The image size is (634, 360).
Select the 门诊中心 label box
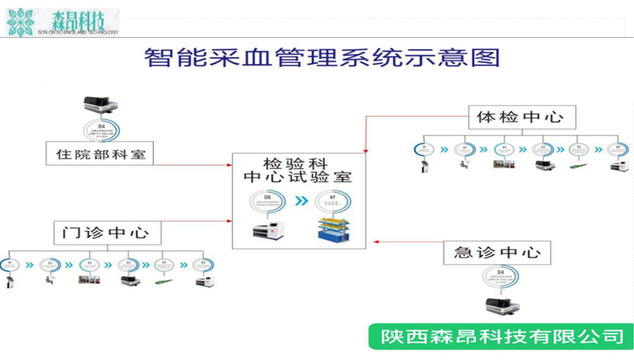click(107, 233)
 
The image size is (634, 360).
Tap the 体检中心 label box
click(521, 118)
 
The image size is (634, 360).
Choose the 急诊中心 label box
click(497, 253)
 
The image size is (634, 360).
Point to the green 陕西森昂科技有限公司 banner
click(501, 336)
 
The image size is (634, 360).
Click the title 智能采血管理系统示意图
click(323, 58)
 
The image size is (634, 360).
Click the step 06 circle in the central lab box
click(267, 201)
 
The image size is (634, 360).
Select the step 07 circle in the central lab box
click(332, 201)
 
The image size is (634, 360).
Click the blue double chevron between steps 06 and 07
click(301, 201)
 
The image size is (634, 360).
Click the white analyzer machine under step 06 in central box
click(267, 231)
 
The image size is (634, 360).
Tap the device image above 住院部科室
click(100, 105)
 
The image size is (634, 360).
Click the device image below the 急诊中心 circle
click(497, 307)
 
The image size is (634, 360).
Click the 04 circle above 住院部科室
click(100, 129)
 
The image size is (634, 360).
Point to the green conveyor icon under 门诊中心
click(164, 281)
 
